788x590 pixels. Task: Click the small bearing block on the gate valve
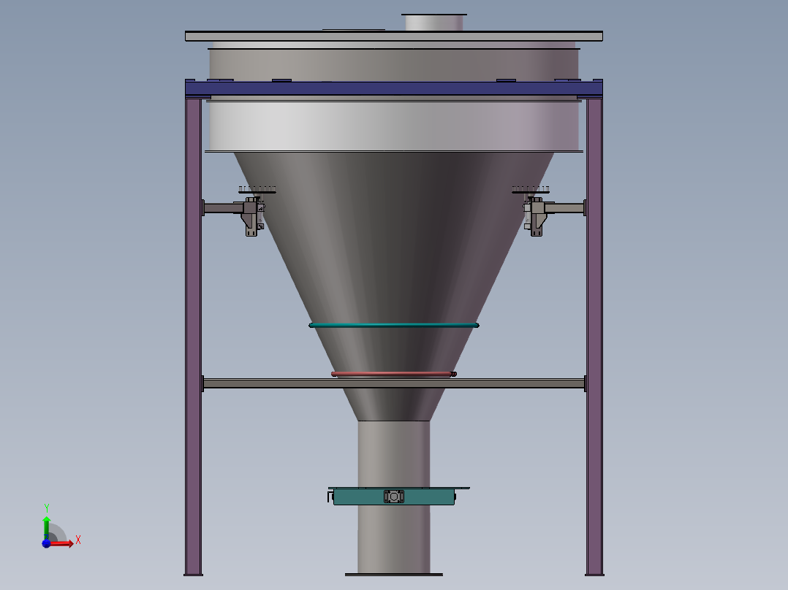[x=393, y=497]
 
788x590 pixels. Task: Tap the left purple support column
[x=193, y=329]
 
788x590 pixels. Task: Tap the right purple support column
[x=594, y=329]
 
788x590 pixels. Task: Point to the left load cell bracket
[x=252, y=216]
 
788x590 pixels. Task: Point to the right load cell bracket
[x=536, y=216]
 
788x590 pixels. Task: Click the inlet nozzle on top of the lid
[x=434, y=22]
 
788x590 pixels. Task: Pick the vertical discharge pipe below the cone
[x=393, y=453]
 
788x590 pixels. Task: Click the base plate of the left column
[x=193, y=575]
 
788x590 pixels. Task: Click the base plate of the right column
[x=594, y=575]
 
